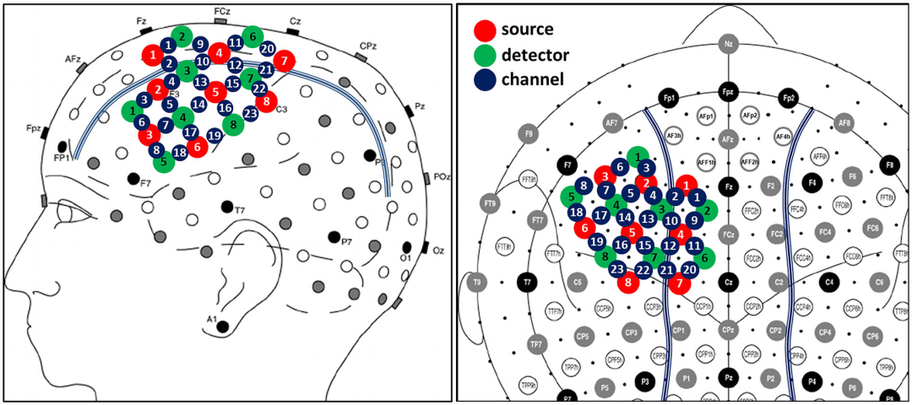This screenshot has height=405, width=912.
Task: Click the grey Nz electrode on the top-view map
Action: click(727, 41)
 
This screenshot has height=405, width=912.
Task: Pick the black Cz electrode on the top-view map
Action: click(727, 283)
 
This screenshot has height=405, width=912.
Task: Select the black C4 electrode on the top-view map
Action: click(828, 282)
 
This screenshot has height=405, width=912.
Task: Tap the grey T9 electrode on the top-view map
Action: click(477, 283)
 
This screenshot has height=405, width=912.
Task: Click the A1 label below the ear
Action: click(214, 318)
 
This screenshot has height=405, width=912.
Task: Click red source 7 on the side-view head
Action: click(285, 61)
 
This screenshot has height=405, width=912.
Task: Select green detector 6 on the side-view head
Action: click(252, 36)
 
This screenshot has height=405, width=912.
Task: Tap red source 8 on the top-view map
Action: click(627, 283)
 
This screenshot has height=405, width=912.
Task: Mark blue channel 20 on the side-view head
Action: click(267, 48)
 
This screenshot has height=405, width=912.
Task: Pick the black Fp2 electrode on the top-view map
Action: click(788, 99)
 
